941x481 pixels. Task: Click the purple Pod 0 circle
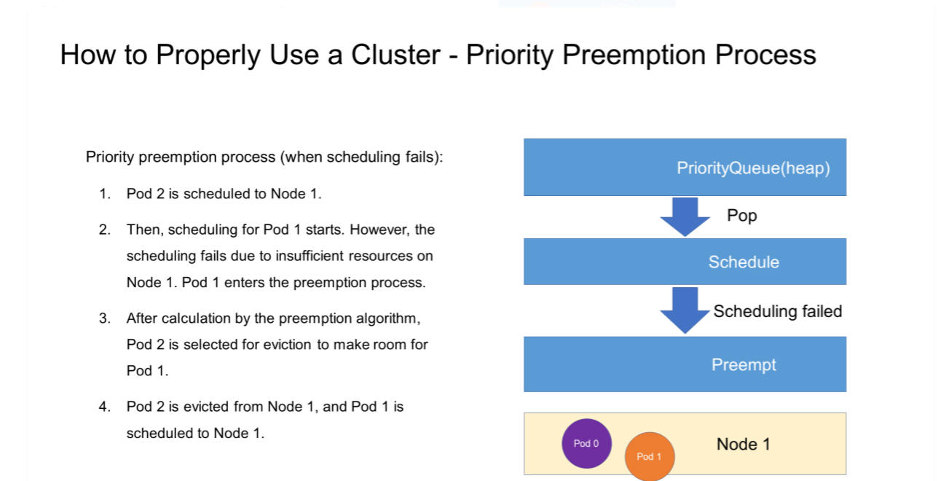[586, 443]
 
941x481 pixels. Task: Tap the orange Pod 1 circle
[650, 456]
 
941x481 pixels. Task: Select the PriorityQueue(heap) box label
[753, 168]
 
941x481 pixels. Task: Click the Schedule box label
[744, 262]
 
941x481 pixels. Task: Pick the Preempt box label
[744, 364]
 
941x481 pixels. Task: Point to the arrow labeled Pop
[685, 216]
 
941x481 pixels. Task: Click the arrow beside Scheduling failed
[685, 310]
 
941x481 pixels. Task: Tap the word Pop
[742, 216]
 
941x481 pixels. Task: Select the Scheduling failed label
[778, 312]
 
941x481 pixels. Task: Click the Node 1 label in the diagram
[743, 444]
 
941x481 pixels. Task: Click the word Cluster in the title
[395, 55]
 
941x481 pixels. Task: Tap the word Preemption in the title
[634, 55]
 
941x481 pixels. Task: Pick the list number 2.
[105, 230]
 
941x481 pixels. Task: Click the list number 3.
[105, 318]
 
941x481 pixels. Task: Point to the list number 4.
[105, 407]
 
